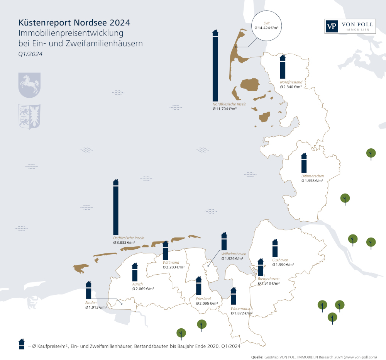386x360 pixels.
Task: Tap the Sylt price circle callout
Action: click(x=266, y=26)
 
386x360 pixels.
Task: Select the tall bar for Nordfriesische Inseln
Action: click(x=215, y=68)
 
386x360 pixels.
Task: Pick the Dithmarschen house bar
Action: click(x=304, y=164)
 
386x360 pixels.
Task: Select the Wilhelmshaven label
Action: click(x=234, y=254)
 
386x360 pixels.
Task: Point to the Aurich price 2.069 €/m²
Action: click(x=143, y=289)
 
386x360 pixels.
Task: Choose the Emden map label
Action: click(x=91, y=302)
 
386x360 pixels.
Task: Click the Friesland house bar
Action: click(x=198, y=287)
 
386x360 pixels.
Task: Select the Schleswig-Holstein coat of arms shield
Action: click(x=30, y=116)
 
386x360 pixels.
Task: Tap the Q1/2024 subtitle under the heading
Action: click(x=30, y=54)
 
